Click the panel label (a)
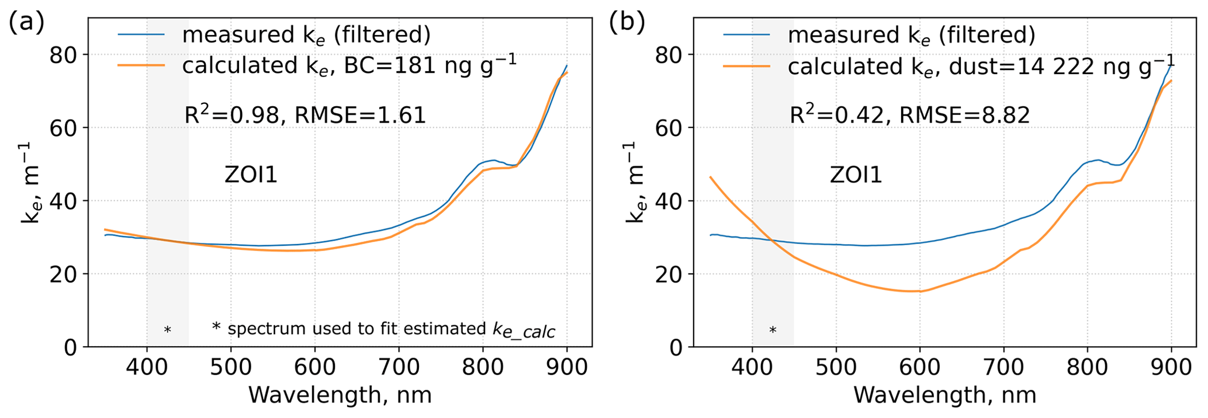27,23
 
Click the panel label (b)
627,23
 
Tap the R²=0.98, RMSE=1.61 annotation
305,114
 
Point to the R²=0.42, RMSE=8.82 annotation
909,114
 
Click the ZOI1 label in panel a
251,175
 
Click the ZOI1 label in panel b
856,175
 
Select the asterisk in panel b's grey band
773,331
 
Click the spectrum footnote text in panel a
383,329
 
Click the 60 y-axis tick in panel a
64,128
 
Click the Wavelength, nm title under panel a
340,396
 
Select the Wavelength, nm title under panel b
944,396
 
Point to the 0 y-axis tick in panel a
71,347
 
